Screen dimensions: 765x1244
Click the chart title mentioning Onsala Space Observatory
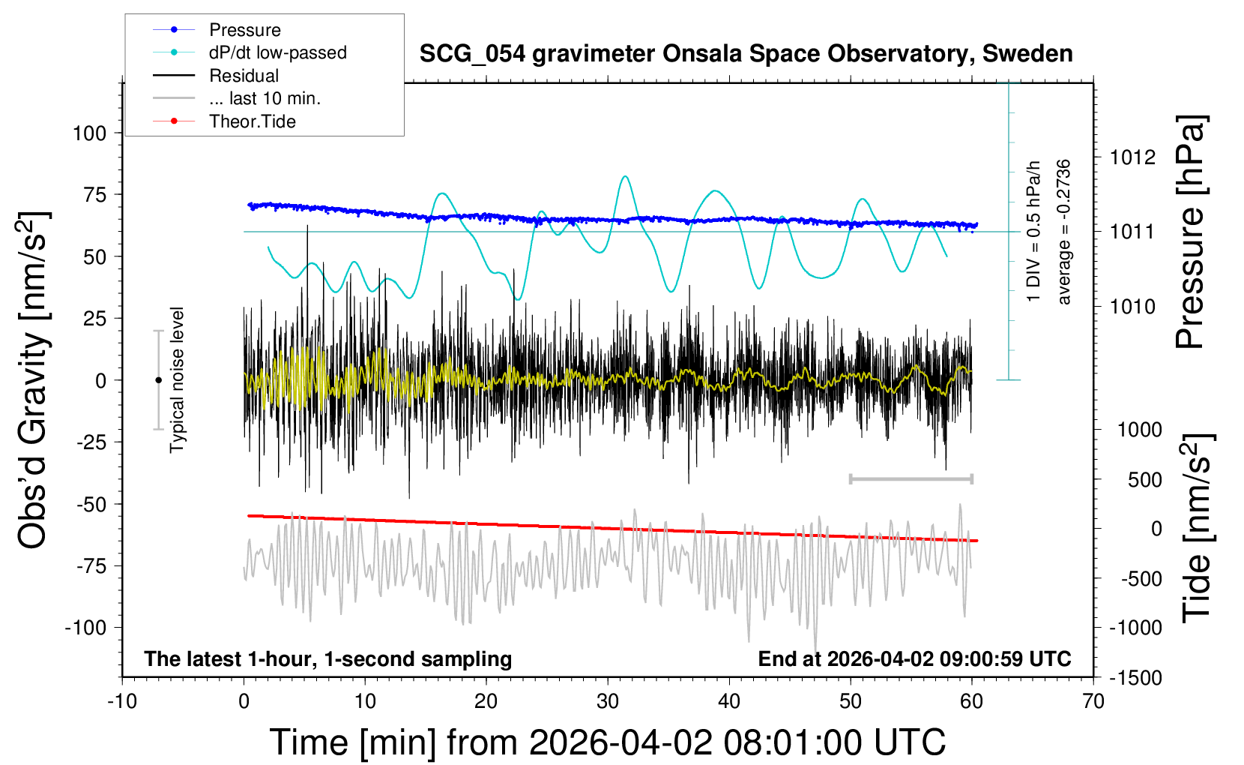coord(746,54)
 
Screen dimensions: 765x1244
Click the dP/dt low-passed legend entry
coord(277,52)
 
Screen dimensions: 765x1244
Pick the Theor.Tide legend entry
coord(252,121)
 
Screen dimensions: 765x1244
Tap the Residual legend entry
coord(244,76)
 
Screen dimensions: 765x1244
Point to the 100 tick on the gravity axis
coord(90,133)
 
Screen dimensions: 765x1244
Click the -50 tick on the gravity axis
coord(91,504)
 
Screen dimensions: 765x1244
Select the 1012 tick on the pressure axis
coord(1132,157)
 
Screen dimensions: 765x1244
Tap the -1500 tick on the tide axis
coord(1135,678)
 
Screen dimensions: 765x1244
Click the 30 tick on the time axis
coord(608,702)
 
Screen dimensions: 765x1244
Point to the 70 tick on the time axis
coord(1093,702)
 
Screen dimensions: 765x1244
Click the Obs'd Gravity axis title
coord(34,380)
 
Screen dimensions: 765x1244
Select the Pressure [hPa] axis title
coord(1190,232)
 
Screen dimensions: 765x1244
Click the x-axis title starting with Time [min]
coord(607,742)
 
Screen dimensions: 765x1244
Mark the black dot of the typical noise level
coord(158,380)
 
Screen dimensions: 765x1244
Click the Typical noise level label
coord(177,380)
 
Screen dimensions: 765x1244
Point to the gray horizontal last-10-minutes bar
coord(911,478)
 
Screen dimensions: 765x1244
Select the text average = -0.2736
coord(1063,232)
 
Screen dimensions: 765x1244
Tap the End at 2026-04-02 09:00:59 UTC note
coord(914,659)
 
